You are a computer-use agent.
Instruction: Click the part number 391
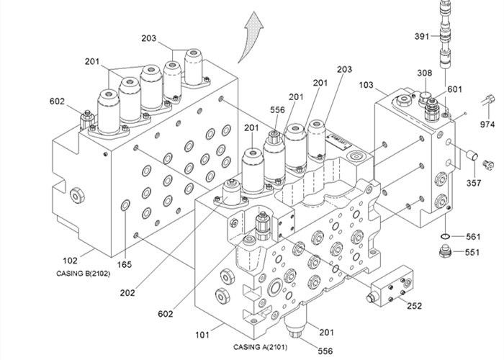coord(422,36)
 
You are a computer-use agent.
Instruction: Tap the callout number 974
coord(487,124)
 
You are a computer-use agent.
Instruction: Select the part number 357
coord(474,183)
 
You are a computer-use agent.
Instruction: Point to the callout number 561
coord(473,237)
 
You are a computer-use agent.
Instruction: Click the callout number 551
coord(472,252)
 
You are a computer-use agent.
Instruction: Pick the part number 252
coord(414,306)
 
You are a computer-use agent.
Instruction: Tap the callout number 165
coord(124,264)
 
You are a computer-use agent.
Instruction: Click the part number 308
coord(425,73)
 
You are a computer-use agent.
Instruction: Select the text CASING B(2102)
coord(84,274)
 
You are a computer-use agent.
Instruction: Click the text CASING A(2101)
coord(261,347)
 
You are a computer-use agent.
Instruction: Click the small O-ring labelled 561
coord(445,237)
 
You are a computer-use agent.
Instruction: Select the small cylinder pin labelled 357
coord(472,156)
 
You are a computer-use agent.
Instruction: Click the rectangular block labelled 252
coord(390,286)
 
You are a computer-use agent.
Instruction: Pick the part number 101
coord(202,336)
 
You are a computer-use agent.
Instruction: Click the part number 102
coord(70,261)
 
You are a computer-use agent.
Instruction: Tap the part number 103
coord(366,85)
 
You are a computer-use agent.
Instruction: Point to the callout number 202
coord(127,293)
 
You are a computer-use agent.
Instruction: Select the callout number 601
coord(454,89)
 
